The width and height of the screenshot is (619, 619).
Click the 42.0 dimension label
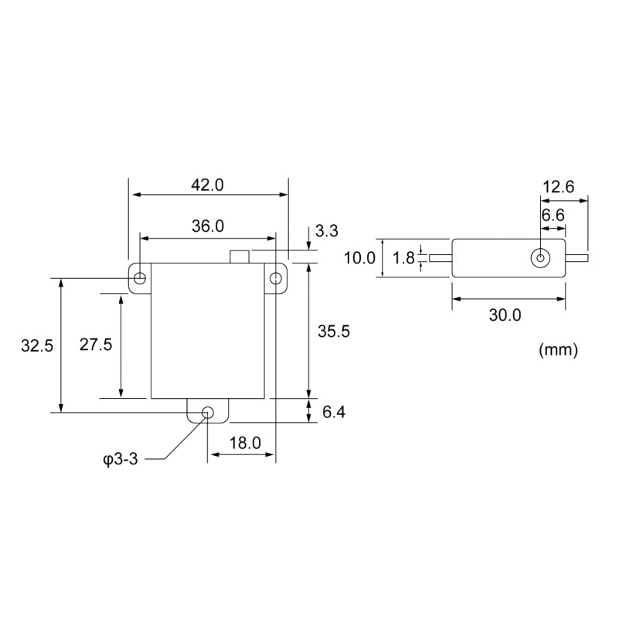point(207,185)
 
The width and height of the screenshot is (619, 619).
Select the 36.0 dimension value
point(207,226)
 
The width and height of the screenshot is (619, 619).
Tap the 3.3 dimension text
point(328,231)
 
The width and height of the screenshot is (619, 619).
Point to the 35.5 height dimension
point(334,331)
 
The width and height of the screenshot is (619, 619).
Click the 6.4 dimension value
point(333,413)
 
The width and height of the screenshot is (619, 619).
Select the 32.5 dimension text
point(37,346)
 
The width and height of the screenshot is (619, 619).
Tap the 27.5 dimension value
point(97,345)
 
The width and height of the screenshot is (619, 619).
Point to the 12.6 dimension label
point(558,186)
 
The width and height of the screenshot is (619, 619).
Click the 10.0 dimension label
point(359,258)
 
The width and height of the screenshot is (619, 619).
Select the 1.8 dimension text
point(403,258)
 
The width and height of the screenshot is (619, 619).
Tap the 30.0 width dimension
point(505,315)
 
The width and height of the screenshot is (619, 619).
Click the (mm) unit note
point(557,350)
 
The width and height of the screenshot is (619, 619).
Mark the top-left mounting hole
point(140,278)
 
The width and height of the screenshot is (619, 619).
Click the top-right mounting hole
point(275,278)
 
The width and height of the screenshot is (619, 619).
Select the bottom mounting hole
point(207,412)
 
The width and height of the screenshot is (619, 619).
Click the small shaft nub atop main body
point(240,257)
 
